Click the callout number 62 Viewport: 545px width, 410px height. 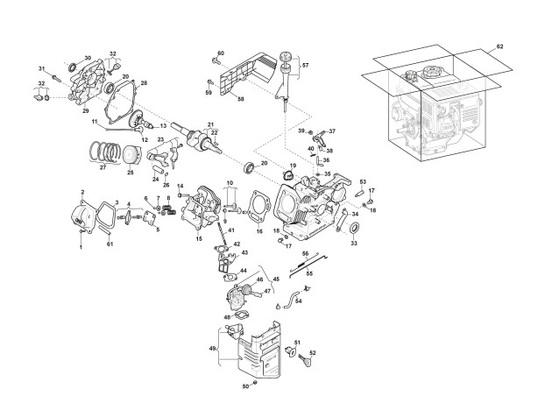(x=500, y=44)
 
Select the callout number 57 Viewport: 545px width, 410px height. (x=306, y=66)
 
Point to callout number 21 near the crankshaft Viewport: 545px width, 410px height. (x=210, y=124)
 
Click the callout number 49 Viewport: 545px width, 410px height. (x=213, y=350)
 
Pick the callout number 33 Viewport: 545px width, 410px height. (x=354, y=244)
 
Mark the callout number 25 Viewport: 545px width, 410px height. (x=130, y=173)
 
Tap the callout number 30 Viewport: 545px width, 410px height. (x=87, y=58)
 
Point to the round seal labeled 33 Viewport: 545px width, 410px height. (x=354, y=230)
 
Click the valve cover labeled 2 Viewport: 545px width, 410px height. (x=85, y=216)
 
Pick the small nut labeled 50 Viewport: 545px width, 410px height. (x=254, y=384)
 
